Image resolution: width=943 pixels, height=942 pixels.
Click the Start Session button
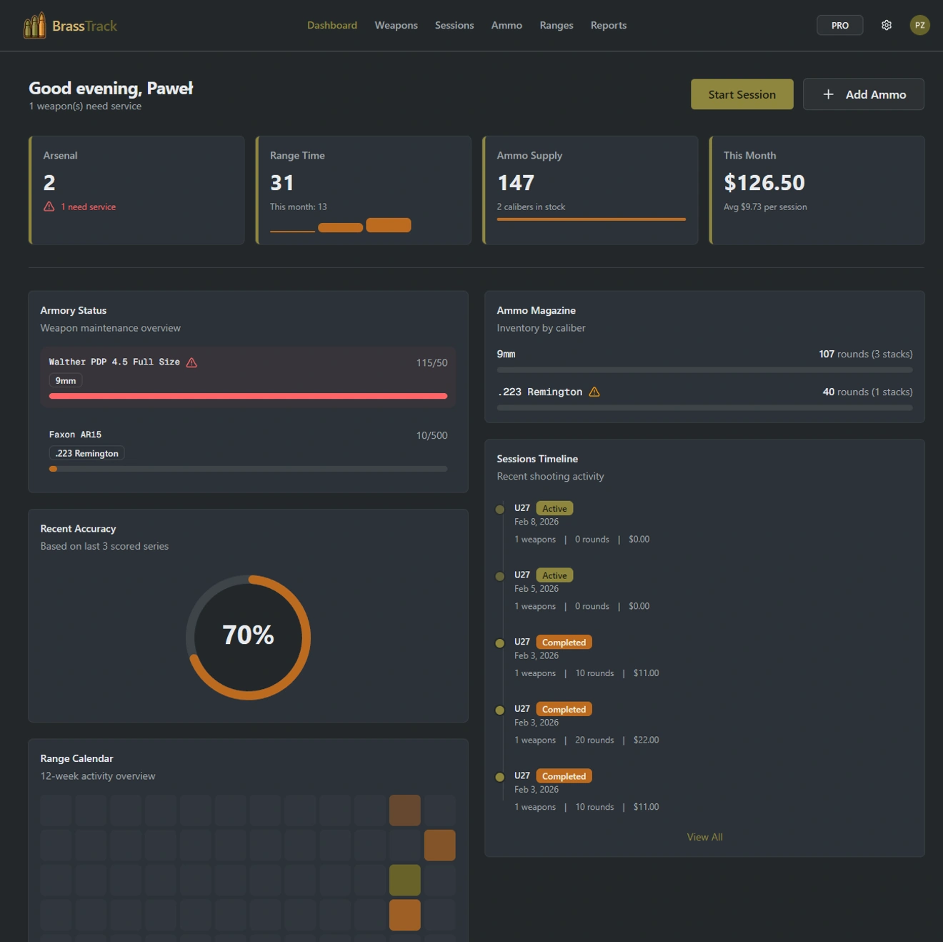tap(742, 94)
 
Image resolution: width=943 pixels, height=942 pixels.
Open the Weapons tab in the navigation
tap(396, 25)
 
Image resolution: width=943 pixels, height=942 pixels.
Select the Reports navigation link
tap(608, 25)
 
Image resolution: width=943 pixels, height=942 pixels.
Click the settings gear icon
tap(886, 25)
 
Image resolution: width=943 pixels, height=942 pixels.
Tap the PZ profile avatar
tap(919, 25)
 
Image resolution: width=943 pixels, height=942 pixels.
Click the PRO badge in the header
tap(839, 25)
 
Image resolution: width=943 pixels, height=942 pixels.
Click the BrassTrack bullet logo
tap(34, 26)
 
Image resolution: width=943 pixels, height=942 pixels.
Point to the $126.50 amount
tap(764, 183)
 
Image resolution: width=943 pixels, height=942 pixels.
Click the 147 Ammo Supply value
tap(516, 183)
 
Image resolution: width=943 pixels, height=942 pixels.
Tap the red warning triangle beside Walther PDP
tap(191, 362)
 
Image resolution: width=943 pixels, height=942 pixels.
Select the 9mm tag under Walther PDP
tap(66, 381)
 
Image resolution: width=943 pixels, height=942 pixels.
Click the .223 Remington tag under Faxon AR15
tap(86, 453)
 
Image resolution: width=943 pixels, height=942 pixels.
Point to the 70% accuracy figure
tap(248, 635)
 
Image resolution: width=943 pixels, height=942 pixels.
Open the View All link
tap(704, 837)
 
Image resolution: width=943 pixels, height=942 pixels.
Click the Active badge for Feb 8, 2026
tap(554, 509)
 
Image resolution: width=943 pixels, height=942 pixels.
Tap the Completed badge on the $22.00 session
tap(564, 710)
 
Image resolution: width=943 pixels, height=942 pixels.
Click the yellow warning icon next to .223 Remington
tap(594, 392)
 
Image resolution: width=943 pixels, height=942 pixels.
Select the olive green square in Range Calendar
tap(404, 880)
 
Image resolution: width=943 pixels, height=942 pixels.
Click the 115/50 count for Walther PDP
tap(431, 363)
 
